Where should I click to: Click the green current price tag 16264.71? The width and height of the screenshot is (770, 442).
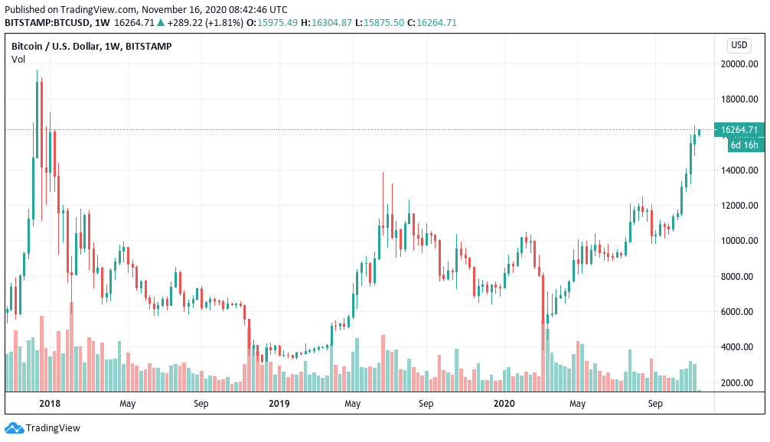tap(739, 130)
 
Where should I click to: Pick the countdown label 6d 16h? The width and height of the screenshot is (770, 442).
tap(744, 145)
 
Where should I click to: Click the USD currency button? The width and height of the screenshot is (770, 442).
tap(739, 45)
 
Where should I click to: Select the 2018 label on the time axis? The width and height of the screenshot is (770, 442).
tap(50, 403)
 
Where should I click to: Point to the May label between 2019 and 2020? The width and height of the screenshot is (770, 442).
tap(353, 403)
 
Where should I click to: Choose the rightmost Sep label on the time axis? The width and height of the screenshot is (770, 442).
tap(655, 403)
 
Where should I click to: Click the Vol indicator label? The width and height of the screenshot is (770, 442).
tap(18, 60)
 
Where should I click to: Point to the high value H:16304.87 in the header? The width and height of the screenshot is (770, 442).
tap(326, 23)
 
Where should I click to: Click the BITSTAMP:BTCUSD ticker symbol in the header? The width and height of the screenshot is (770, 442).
tap(47, 23)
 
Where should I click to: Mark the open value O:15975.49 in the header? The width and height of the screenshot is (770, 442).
tap(272, 23)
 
